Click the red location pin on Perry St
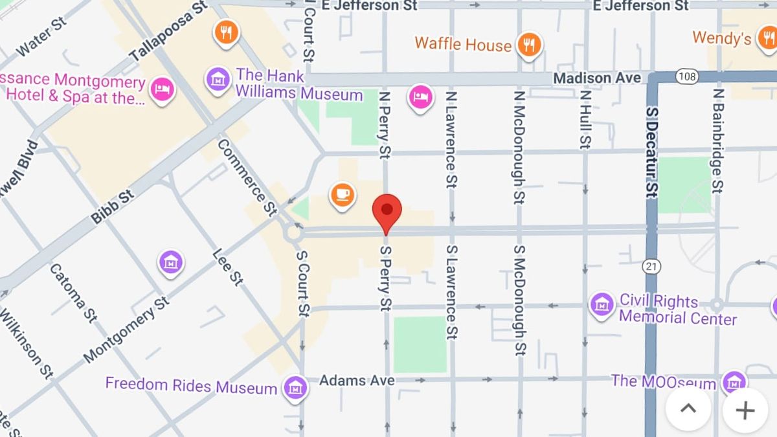[x=387, y=210]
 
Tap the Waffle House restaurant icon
[x=530, y=44]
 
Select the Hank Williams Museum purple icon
[x=218, y=80]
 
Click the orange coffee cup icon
[x=342, y=194]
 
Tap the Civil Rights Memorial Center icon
[x=602, y=304]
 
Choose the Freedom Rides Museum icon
[x=295, y=387]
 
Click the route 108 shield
[x=686, y=77]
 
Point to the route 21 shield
[x=651, y=265]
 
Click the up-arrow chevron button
[x=688, y=409]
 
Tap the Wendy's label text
[x=721, y=38]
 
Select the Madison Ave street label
[x=596, y=78]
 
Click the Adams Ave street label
[x=357, y=381]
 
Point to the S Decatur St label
[x=651, y=151]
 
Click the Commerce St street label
[x=247, y=177]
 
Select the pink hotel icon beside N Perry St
[x=420, y=98]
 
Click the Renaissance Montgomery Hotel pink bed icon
[x=161, y=89]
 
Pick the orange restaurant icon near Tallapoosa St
[x=225, y=32]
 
